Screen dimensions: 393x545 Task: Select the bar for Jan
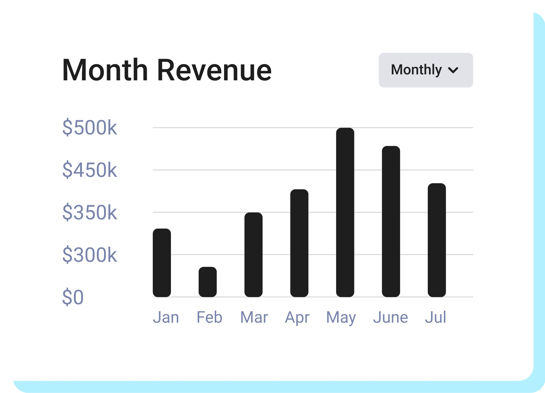[x=162, y=263]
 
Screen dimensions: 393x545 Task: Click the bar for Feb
[x=208, y=282]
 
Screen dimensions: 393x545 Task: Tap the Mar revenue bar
[x=253, y=255]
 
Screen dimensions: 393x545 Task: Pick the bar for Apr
[x=299, y=243]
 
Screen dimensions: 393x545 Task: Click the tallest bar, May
[x=345, y=212]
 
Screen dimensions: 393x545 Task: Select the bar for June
[x=391, y=221]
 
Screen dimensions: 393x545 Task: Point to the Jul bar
[x=437, y=240]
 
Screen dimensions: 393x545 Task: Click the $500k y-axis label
[x=89, y=128]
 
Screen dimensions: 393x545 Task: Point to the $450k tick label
[x=89, y=170]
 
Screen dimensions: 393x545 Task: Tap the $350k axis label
[x=89, y=212]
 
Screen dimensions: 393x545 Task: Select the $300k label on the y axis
[x=89, y=255]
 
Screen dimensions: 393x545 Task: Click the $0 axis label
[x=73, y=297]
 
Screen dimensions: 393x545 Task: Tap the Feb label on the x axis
[x=209, y=317]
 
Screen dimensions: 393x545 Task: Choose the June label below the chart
[x=390, y=317]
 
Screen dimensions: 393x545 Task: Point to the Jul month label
[x=436, y=317]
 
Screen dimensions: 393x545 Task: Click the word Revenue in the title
[x=214, y=70]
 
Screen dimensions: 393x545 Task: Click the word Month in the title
[x=105, y=70]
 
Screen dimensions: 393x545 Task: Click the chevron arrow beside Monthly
[x=453, y=70]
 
